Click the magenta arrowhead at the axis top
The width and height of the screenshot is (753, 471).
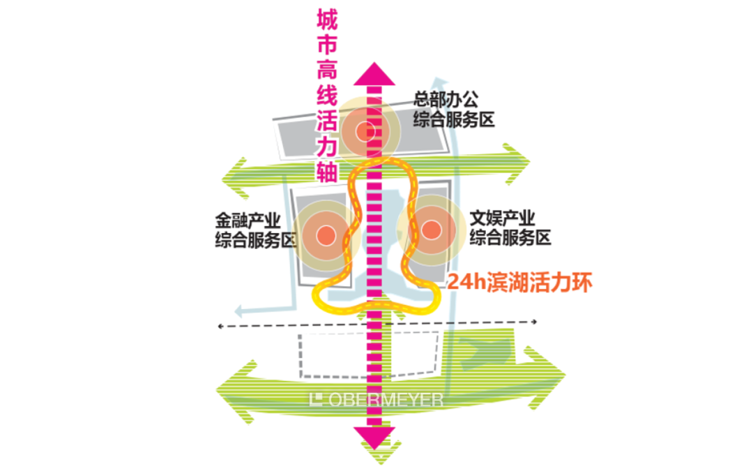(x=374, y=75)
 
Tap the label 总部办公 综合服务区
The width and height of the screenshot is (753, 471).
(x=454, y=110)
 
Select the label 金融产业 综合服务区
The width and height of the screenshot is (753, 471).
(x=255, y=230)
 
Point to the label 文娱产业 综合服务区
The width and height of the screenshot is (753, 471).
(x=510, y=227)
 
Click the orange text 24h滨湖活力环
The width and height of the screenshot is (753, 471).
(x=520, y=282)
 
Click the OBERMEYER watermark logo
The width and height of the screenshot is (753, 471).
(x=376, y=400)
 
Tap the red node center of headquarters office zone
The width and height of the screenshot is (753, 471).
(x=365, y=131)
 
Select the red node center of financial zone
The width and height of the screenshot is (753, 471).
(x=326, y=235)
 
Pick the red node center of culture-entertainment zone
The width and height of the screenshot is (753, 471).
(x=431, y=230)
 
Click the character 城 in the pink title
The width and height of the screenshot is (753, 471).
(x=327, y=20)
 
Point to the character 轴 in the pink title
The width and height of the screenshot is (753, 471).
(x=327, y=171)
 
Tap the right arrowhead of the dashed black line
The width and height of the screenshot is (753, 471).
(x=534, y=322)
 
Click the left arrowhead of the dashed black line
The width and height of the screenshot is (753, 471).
(x=221, y=327)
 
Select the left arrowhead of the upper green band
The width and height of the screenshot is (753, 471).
(x=236, y=179)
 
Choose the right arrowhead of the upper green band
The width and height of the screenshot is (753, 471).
(x=516, y=163)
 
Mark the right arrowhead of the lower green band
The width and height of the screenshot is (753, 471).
(x=545, y=377)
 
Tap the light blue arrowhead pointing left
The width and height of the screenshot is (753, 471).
(x=240, y=311)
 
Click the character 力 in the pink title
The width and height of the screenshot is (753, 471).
(x=327, y=146)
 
